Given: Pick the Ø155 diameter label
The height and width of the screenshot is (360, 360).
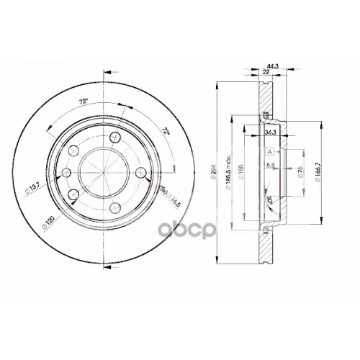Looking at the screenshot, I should [x=248, y=171].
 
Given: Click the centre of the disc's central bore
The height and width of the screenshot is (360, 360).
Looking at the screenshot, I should [x=102, y=173].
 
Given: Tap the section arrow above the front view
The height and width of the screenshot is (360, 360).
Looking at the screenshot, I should [x=108, y=72].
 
